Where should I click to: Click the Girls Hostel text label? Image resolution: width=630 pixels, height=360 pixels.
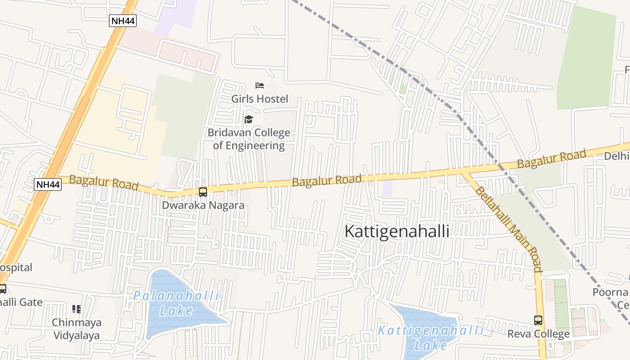pyautogui.click(x=259, y=99)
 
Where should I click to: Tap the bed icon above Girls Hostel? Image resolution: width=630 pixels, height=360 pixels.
pyautogui.click(x=259, y=85)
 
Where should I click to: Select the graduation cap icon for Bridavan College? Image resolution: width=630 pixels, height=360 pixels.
pyautogui.click(x=248, y=119)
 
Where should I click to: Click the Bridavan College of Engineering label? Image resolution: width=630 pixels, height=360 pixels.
pyautogui.click(x=249, y=139)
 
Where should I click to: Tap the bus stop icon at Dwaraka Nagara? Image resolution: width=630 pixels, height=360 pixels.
pyautogui.click(x=203, y=192)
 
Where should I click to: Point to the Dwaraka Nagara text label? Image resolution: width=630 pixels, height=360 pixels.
pyautogui.click(x=203, y=205)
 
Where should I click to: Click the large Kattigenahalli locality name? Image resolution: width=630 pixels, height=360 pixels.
pyautogui.click(x=396, y=231)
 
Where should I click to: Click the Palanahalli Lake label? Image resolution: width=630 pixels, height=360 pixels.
pyautogui.click(x=176, y=303)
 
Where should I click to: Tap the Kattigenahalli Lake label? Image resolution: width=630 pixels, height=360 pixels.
pyautogui.click(x=431, y=337)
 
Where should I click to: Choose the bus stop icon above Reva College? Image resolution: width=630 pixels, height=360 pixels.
pyautogui.click(x=538, y=320)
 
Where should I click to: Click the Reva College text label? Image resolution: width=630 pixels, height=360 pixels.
pyautogui.click(x=538, y=334)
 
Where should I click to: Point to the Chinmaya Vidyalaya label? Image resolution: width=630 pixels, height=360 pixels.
pyautogui.click(x=76, y=329)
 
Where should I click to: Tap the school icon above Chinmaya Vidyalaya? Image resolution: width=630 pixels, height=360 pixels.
pyautogui.click(x=76, y=309)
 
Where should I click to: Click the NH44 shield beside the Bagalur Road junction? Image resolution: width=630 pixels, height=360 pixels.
pyautogui.click(x=47, y=184)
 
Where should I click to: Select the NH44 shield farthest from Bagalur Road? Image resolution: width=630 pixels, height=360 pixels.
pyautogui.click(x=122, y=21)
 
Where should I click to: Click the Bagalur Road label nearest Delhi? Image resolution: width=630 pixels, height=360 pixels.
pyautogui.click(x=551, y=159)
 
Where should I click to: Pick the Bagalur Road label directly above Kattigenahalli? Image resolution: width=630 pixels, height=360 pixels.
pyautogui.click(x=327, y=180)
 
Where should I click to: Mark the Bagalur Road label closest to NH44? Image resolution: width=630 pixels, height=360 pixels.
pyautogui.click(x=103, y=183)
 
